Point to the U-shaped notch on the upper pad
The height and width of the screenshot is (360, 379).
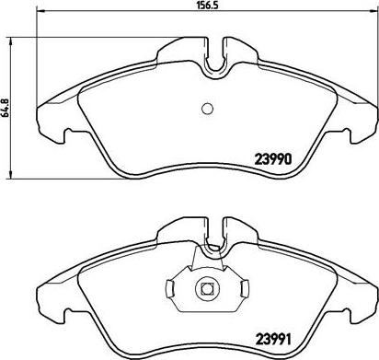click(x=216, y=59)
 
